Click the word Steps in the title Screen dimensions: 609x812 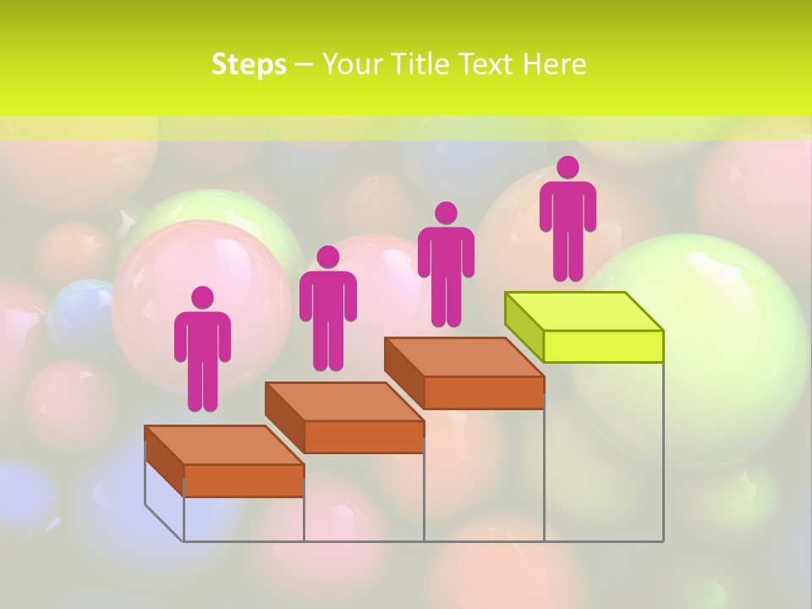(249, 64)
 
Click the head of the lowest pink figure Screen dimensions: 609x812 (202, 298)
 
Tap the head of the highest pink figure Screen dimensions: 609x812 (568, 167)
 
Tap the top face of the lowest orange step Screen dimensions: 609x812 (224, 445)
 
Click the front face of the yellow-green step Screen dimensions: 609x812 (603, 346)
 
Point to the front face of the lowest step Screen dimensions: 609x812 (244, 480)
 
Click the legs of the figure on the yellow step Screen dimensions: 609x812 (568, 254)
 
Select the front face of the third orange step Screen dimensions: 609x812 (483, 392)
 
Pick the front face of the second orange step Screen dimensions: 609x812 (364, 436)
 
